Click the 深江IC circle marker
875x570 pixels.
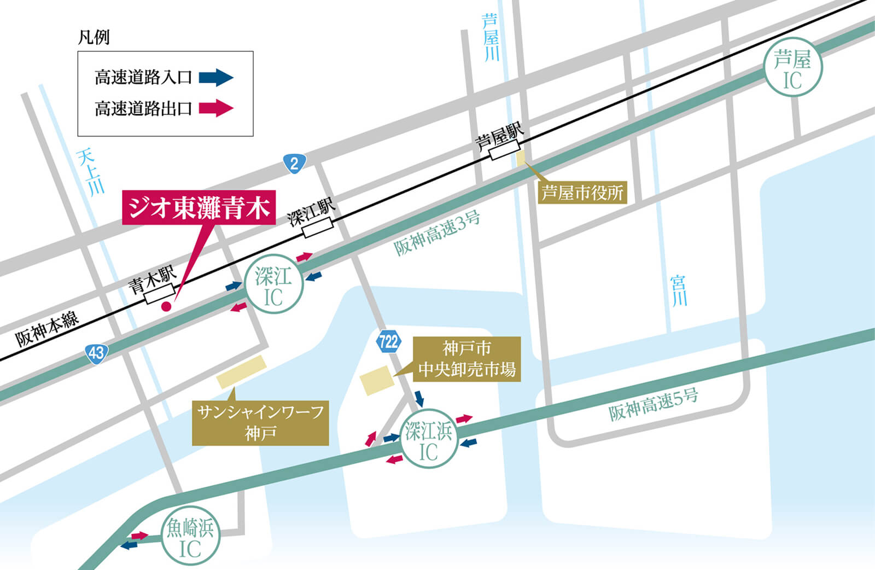pyautogui.click(x=273, y=284)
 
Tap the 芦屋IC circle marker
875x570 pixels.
pyautogui.click(x=792, y=67)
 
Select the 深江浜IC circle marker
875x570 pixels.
pyautogui.click(x=429, y=439)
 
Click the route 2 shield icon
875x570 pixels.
pyautogui.click(x=294, y=164)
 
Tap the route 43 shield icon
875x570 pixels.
pyautogui.click(x=96, y=353)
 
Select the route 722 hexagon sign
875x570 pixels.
pyautogui.click(x=388, y=342)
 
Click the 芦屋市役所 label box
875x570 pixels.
pyautogui.click(x=582, y=193)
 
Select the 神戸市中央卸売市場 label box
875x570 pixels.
pyautogui.click(x=466, y=359)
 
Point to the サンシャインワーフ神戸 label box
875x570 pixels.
pyautogui.click(x=260, y=423)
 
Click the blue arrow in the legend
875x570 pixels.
pyautogui.click(x=216, y=77)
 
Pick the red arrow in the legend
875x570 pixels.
pyautogui.click(x=216, y=108)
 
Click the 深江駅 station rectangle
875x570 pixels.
pyautogui.click(x=318, y=228)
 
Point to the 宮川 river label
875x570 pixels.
pyautogui.click(x=679, y=291)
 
